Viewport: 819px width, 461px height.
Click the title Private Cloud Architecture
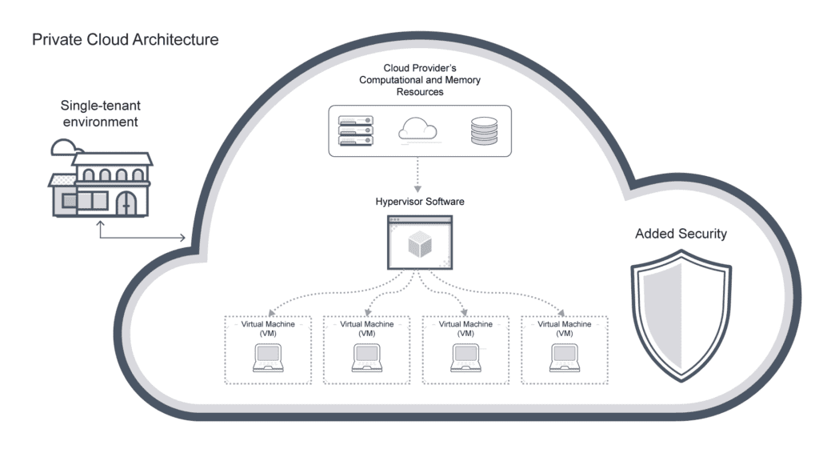click(x=125, y=39)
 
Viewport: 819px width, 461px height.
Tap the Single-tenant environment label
click(x=99, y=114)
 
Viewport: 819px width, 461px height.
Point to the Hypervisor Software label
click(x=420, y=202)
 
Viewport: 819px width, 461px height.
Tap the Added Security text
click(x=681, y=234)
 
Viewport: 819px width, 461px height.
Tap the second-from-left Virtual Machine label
click(x=367, y=328)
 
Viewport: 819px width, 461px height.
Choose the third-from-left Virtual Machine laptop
click(x=465, y=358)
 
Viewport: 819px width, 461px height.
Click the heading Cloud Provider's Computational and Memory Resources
click(x=420, y=80)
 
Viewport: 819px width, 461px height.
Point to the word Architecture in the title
click(x=177, y=39)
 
